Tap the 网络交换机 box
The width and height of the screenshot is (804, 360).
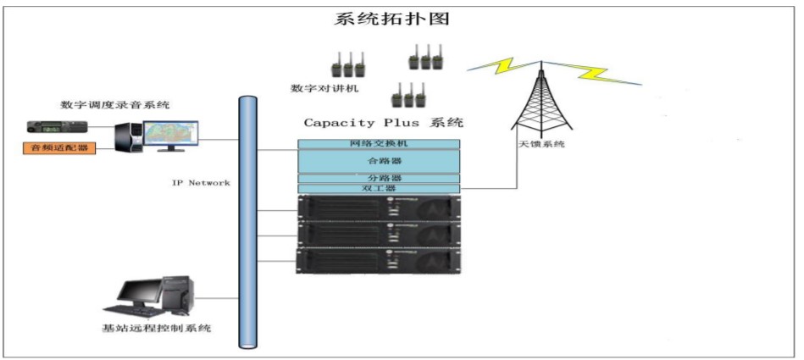click(x=379, y=144)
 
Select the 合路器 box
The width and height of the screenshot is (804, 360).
click(x=379, y=159)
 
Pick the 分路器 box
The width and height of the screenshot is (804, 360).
click(x=379, y=178)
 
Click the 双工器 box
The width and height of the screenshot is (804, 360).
click(x=379, y=188)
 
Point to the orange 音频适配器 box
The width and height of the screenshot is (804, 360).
click(x=58, y=147)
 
